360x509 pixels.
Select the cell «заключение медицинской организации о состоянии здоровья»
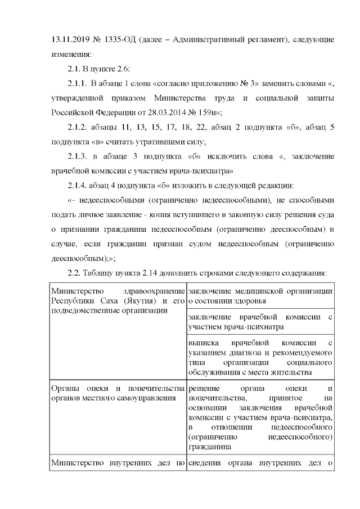coord(260,295)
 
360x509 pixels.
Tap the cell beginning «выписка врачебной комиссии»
coord(260,357)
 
